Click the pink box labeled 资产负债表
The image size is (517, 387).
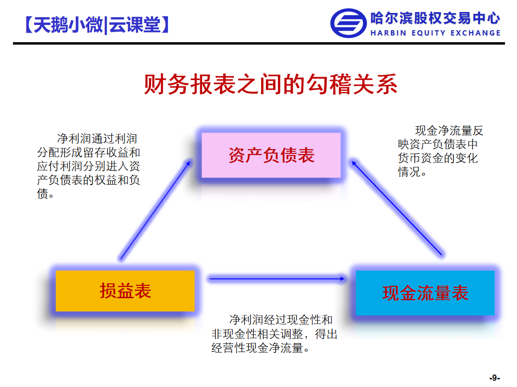[x=271, y=155]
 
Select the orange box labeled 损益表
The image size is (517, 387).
[x=125, y=291]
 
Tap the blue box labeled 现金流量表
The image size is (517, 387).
[x=425, y=293]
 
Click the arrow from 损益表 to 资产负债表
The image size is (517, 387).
[x=156, y=210]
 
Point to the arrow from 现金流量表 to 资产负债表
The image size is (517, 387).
[x=397, y=208]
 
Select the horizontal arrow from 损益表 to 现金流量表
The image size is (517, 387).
[x=277, y=279]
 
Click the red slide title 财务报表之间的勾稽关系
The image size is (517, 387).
[x=271, y=84]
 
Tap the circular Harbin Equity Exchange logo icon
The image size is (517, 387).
[x=348, y=23]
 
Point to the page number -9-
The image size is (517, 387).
[x=494, y=377]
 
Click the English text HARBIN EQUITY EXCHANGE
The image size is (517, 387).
[x=435, y=33]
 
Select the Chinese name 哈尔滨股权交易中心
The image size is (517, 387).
[x=435, y=18]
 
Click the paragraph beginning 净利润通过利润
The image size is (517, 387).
[x=88, y=166]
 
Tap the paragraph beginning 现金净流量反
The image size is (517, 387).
[x=440, y=151]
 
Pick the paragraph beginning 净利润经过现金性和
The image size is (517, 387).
[x=274, y=334]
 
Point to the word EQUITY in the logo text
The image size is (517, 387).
[x=428, y=33]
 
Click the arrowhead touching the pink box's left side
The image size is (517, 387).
[x=189, y=163]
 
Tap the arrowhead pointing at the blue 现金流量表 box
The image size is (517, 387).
[x=343, y=279]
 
